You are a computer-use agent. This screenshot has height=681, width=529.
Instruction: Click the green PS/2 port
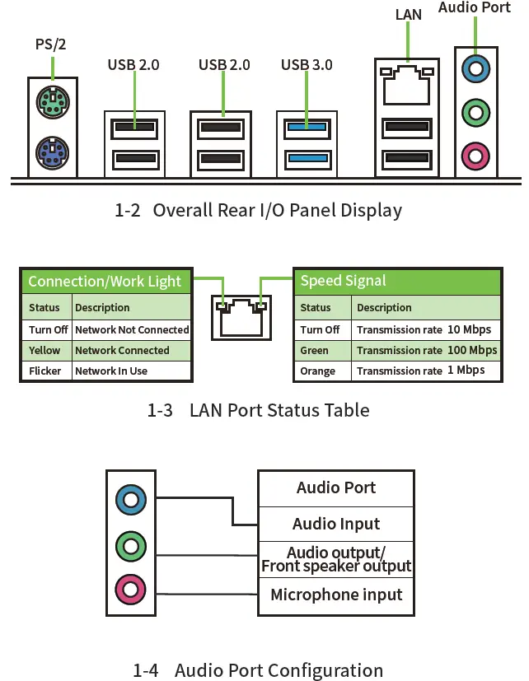[53, 102]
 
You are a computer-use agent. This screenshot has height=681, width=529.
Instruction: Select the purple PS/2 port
[53, 153]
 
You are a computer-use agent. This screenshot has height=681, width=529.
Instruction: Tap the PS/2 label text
[51, 44]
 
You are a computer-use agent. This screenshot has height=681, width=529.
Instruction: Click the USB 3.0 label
[307, 65]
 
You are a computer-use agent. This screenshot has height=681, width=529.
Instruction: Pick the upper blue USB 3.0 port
[307, 128]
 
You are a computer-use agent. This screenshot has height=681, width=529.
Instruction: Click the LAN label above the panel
[408, 14]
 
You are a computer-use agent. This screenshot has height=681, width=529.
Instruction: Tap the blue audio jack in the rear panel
[476, 68]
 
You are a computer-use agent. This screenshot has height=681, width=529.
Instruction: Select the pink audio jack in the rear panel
[476, 156]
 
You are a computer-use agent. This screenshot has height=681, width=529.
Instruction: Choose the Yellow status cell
[46, 350]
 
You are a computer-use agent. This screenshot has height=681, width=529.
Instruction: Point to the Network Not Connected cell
[131, 329]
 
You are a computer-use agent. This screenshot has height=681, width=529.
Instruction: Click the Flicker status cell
[46, 371]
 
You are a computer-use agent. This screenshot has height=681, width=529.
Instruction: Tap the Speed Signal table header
[398, 281]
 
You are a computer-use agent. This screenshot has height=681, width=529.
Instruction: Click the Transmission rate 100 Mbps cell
[427, 350]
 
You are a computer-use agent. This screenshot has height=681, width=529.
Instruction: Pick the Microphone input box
[336, 595]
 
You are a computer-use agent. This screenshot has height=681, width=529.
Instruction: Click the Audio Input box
[336, 524]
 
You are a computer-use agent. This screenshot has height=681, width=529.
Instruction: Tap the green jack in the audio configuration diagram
[131, 546]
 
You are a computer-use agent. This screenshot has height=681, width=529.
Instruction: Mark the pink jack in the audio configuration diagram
[131, 590]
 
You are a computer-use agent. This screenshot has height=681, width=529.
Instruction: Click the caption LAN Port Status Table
[258, 410]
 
